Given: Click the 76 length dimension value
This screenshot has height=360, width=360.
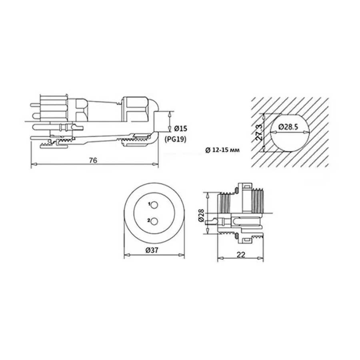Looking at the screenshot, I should point(93,160).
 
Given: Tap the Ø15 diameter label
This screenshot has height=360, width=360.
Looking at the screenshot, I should point(182,128).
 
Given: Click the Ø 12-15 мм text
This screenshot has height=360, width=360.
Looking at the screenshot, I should point(222,150).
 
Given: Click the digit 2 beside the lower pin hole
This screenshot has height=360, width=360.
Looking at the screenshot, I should point(149,220).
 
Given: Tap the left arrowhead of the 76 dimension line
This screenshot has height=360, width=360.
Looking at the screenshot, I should point(33,164).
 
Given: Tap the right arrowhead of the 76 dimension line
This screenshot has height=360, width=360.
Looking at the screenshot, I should point(157,164).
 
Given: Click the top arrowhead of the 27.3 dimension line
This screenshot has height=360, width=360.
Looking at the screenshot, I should point(264,114).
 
